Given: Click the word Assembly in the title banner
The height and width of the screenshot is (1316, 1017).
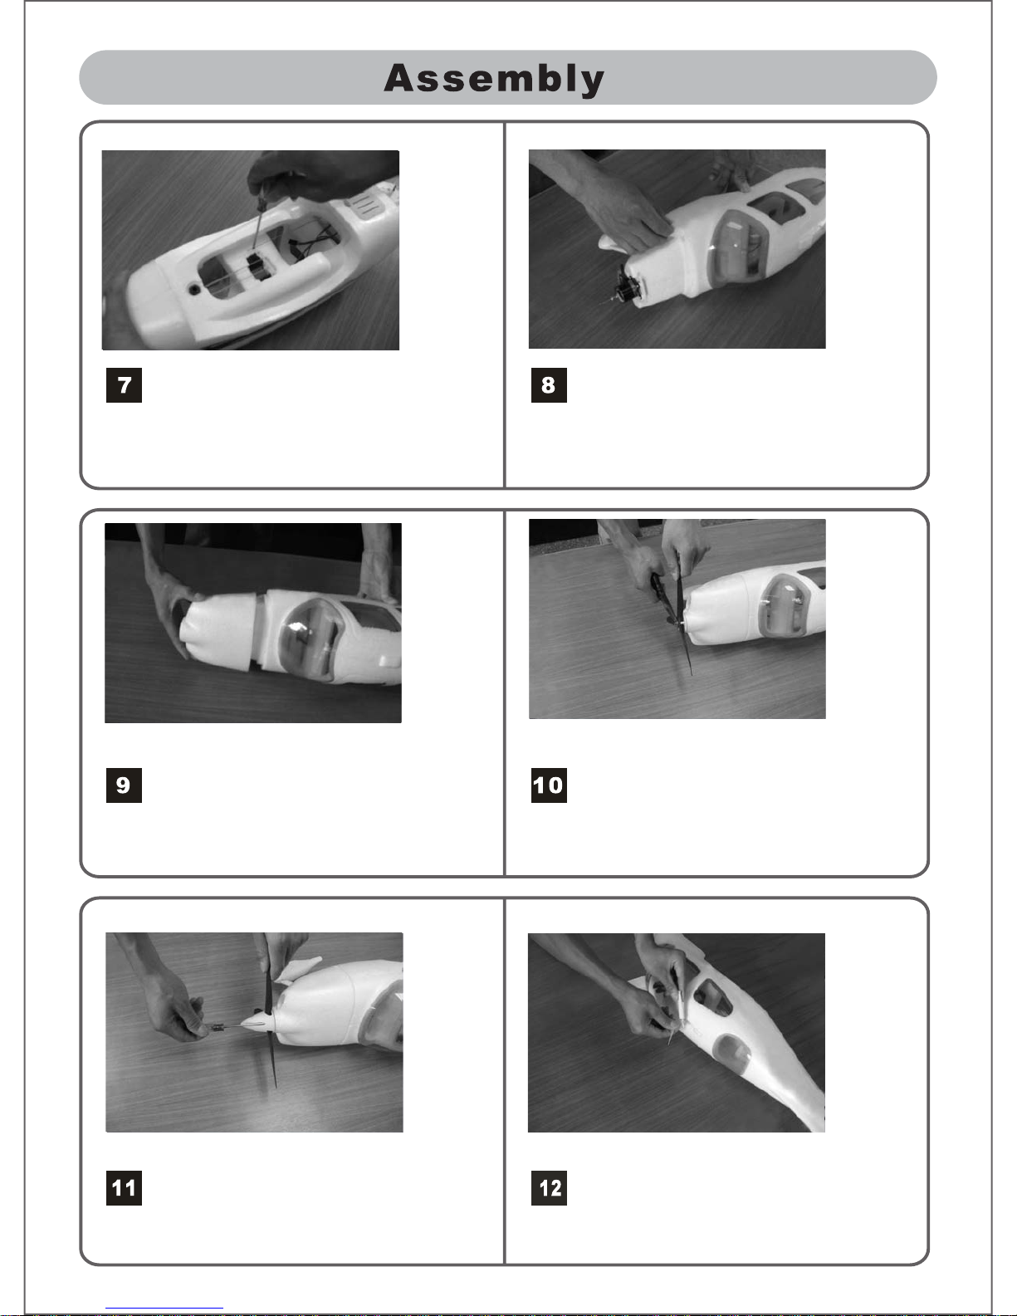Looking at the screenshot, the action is point(494,79).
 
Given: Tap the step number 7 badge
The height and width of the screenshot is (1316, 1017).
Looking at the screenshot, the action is point(124,385).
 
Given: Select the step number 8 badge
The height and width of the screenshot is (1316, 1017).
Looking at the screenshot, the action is point(549,385).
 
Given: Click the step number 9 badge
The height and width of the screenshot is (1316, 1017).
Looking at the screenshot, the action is point(124,785).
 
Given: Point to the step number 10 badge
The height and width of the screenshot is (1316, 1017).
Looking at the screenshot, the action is point(549,785).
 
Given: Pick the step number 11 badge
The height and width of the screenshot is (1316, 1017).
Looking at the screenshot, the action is point(124,1187).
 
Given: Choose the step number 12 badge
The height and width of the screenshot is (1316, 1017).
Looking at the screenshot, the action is point(549,1187).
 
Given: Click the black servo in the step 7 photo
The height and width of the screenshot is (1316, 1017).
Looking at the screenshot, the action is point(258,267).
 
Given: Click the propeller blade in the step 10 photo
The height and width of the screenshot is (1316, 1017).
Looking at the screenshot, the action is point(682,618).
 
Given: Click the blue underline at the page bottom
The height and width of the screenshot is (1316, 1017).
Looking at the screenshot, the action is point(164,1309).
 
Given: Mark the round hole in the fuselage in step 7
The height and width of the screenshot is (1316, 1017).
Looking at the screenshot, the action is point(194,290).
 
